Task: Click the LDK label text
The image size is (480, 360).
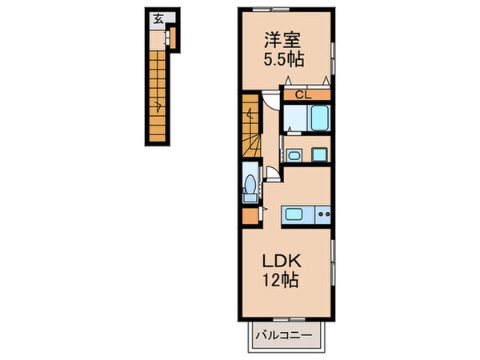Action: pyautogui.click(x=283, y=261)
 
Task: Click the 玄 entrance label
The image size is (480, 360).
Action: pyautogui.click(x=158, y=20)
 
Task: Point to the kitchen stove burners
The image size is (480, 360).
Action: pyautogui.click(x=322, y=214)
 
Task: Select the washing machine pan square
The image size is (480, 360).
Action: pyautogui.click(x=320, y=154)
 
